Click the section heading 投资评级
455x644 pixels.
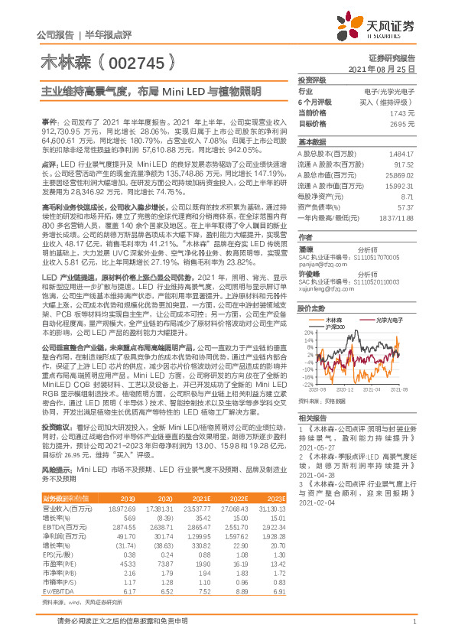312,80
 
